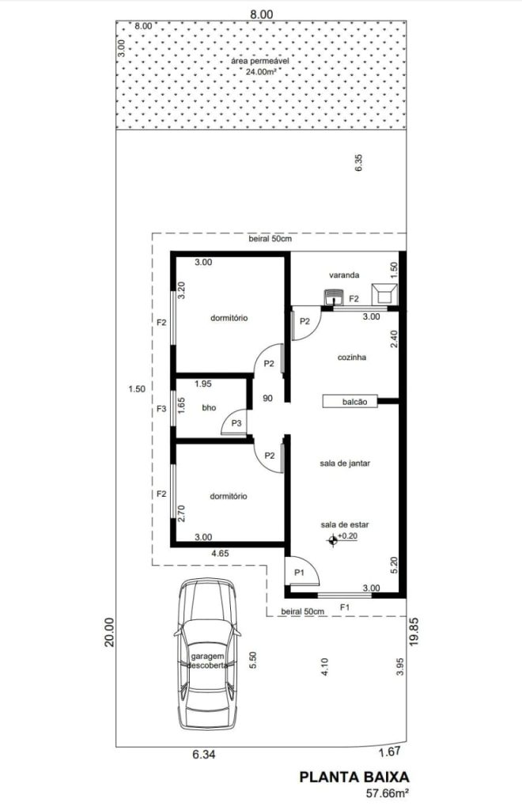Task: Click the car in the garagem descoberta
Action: coord(208,653)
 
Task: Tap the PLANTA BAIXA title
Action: coord(354,777)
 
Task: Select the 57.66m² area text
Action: coord(388,793)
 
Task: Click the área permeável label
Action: coord(260,61)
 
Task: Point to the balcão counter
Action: coord(350,401)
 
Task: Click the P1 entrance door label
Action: coord(299,573)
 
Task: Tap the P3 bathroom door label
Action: coord(236,424)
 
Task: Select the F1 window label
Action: coord(344,607)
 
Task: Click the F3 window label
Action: coord(161,409)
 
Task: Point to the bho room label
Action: coord(209,407)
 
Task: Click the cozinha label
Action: coord(352,357)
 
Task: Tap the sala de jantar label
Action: coord(345,464)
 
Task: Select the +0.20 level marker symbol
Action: coord(332,540)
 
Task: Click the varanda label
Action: coord(344,274)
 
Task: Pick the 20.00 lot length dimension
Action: coord(109,633)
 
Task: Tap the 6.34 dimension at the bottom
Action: coord(204,755)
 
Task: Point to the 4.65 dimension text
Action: coord(220,553)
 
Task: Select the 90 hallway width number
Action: coord(267,399)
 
